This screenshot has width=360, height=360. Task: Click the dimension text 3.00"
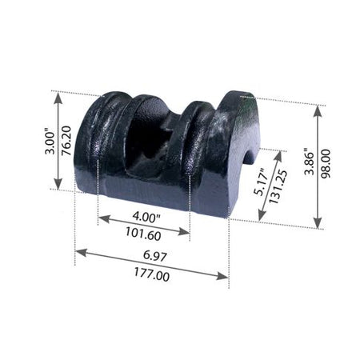point(50,142)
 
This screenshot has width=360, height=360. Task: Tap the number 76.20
point(66,141)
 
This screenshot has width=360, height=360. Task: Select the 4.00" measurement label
point(146,218)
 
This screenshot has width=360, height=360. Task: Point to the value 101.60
point(143,234)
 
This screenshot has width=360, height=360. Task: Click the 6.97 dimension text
point(155,255)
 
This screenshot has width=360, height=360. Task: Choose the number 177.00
point(151,274)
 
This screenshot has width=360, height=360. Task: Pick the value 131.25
point(278,186)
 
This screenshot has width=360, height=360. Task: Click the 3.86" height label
point(310,162)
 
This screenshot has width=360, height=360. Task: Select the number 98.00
point(326,163)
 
